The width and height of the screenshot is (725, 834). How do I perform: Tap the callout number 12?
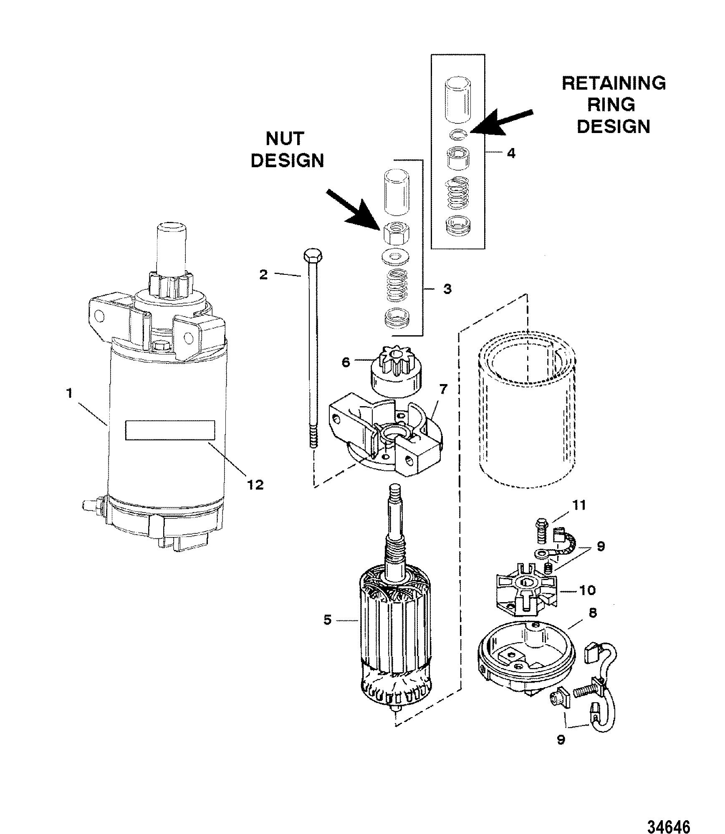point(255,484)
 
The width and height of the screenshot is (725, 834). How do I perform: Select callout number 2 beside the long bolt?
point(263,274)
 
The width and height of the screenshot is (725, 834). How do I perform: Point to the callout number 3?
point(447,289)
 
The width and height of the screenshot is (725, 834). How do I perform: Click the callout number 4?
point(510,153)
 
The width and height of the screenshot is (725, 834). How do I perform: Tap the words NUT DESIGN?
point(288,149)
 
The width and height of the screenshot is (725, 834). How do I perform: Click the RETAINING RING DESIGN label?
point(613,105)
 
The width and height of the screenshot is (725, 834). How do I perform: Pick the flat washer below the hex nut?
point(395,256)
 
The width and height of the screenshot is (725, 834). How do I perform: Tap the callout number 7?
point(443,389)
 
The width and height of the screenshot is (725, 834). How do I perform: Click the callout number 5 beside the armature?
point(328,631)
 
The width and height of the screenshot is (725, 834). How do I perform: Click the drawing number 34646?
point(669,814)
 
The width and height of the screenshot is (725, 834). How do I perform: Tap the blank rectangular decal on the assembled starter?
point(170,430)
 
